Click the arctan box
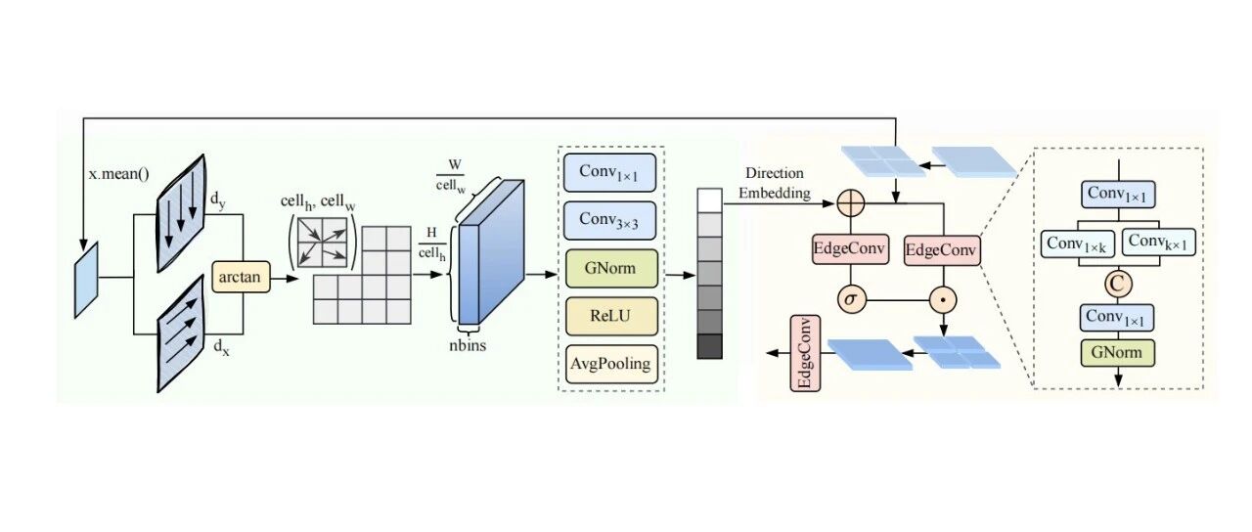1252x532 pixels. click(241, 277)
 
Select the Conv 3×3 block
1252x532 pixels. click(609, 220)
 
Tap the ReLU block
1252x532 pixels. click(611, 316)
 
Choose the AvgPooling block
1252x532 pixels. click(611, 365)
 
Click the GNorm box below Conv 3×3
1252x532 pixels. click(611, 268)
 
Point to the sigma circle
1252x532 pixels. click(851, 300)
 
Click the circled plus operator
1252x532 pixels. click(851, 203)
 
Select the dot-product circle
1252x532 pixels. click(944, 300)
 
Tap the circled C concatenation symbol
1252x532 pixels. click(1118, 284)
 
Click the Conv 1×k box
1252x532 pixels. click(1078, 244)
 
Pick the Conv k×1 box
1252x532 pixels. click(1159, 242)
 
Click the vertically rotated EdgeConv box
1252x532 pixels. click(805, 353)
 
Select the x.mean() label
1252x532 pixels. click(119, 174)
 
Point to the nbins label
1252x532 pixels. click(468, 345)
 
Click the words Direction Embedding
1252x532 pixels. click(775, 183)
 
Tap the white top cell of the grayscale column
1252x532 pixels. click(710, 200)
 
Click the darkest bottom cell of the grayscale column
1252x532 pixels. click(710, 346)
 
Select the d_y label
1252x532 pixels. click(218, 199)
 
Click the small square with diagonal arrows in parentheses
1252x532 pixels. click(323, 243)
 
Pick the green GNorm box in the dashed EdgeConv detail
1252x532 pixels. click(1118, 353)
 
